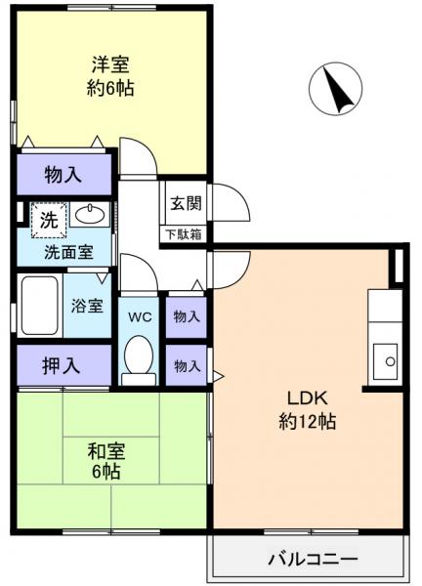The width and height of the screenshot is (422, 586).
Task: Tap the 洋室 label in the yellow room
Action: click(110, 65)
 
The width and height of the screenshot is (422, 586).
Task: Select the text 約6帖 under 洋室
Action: click(110, 88)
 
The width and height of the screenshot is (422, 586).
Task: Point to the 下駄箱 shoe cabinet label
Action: click(184, 233)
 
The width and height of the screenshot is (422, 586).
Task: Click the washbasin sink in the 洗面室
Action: click(91, 215)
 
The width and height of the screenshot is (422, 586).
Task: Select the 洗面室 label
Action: click(67, 252)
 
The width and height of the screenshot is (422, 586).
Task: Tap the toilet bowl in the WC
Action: click(140, 358)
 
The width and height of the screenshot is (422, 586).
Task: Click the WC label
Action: click(140, 317)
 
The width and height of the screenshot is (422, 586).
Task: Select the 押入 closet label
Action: click(62, 366)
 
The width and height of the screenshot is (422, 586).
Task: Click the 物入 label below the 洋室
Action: click(63, 176)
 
